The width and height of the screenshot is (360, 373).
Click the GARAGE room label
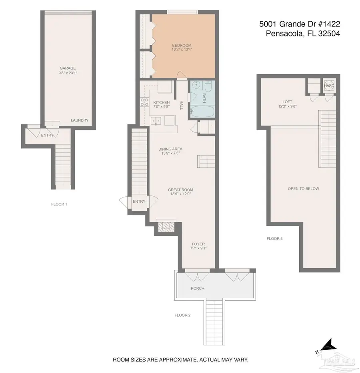(x=68, y=68)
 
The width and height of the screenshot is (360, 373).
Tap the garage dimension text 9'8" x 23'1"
(x=68, y=73)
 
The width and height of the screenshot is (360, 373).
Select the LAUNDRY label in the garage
(x=80, y=120)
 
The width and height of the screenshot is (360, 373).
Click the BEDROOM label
(x=182, y=45)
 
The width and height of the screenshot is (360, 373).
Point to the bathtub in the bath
(x=202, y=112)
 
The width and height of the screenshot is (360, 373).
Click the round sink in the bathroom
(x=196, y=85)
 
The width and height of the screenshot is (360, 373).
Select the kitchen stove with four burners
(x=144, y=102)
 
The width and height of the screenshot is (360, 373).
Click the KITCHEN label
(x=161, y=103)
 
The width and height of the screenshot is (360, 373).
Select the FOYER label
(x=198, y=244)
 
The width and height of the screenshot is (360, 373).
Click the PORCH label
(x=197, y=288)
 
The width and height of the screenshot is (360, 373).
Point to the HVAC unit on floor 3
(x=329, y=86)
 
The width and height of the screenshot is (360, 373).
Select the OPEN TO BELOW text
(x=303, y=189)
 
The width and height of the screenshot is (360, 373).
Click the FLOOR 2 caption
(x=182, y=315)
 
